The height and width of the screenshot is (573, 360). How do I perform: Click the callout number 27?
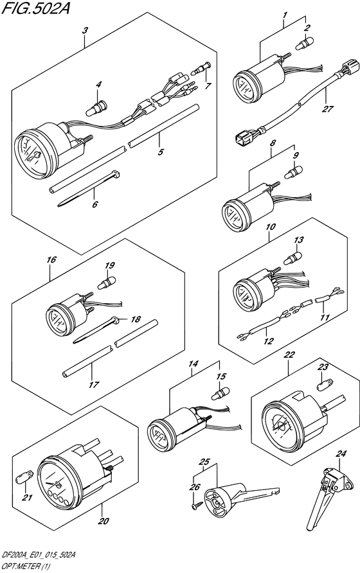click(x=327, y=109)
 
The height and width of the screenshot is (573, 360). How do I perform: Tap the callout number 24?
click(x=341, y=454)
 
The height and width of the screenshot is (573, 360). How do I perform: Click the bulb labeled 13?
click(x=292, y=258)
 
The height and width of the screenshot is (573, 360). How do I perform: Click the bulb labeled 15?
click(x=221, y=394)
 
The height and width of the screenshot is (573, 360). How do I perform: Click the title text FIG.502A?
click(x=35, y=7)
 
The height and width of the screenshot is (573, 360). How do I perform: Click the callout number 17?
click(x=94, y=384)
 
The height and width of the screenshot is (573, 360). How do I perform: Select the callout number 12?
click(x=269, y=341)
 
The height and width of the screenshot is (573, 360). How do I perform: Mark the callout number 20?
click(x=104, y=521)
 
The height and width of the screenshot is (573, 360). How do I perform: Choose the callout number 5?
click(x=161, y=152)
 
